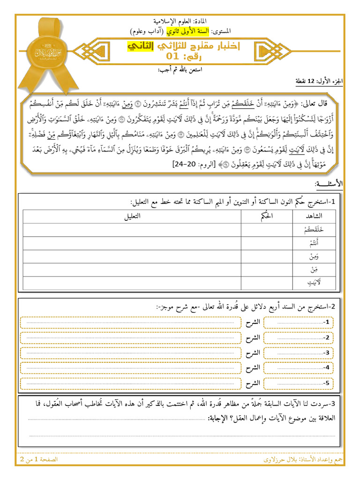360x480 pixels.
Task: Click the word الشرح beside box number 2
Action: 253,337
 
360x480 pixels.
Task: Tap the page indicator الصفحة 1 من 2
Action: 38,460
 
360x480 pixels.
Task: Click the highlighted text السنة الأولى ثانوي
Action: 190,31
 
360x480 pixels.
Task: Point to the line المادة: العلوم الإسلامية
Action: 181,22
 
